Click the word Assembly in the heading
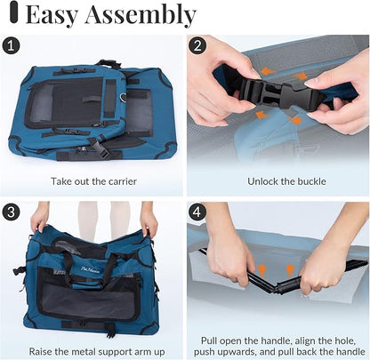(143, 15)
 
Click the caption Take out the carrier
(92, 181)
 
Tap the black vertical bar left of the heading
(10, 15)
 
